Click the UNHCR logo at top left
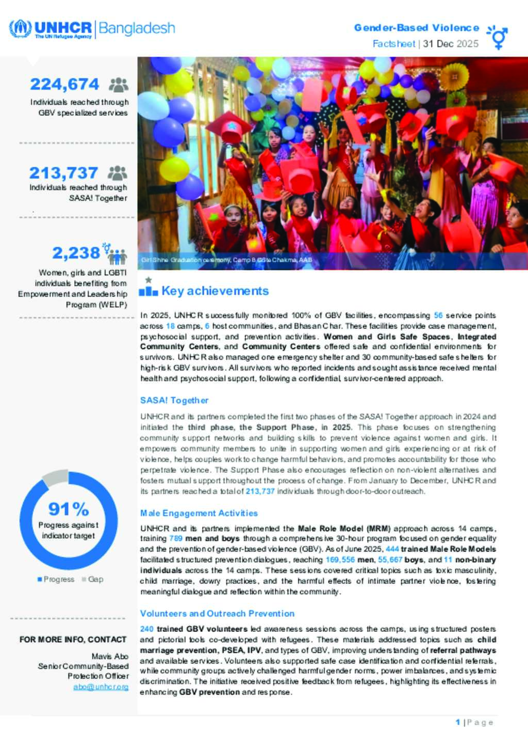pyautogui.click(x=51, y=28)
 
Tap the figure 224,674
pyautogui.click(x=64, y=84)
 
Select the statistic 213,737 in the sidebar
pyautogui.click(x=63, y=173)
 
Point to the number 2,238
pyautogui.click(x=76, y=253)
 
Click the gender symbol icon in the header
pyautogui.click(x=498, y=37)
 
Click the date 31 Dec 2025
pyautogui.click(x=451, y=44)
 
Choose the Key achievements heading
pyautogui.click(x=215, y=291)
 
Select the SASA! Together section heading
pyautogui.click(x=174, y=401)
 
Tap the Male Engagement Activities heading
pyautogui.click(x=199, y=513)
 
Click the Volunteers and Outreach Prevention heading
pyautogui.click(x=217, y=613)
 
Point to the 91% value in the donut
pyautogui.click(x=69, y=509)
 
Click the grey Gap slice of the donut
pyautogui.click(x=55, y=478)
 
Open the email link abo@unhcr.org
pyautogui.click(x=101, y=687)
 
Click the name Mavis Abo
pyautogui.click(x=110, y=657)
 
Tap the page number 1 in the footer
pyautogui.click(x=457, y=722)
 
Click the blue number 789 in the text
pyautogui.click(x=176, y=538)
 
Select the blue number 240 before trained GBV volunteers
pyautogui.click(x=146, y=629)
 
